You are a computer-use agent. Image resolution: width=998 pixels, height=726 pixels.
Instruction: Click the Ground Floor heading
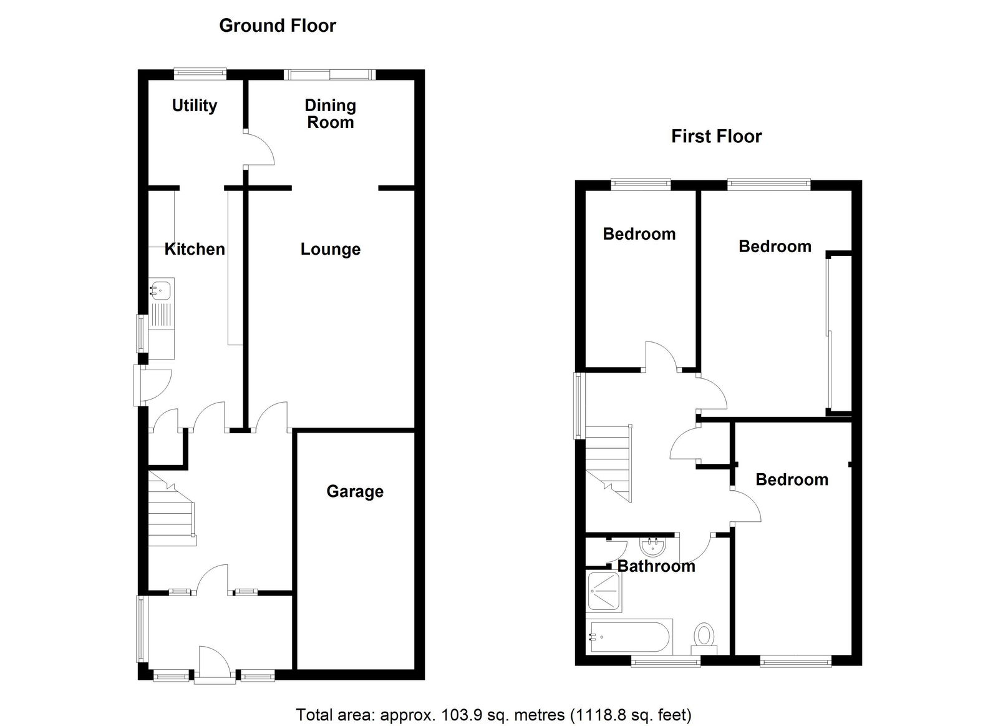(277, 26)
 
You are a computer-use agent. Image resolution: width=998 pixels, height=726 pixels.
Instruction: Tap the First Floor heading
(716, 136)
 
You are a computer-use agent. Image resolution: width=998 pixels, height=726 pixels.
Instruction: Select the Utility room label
(194, 105)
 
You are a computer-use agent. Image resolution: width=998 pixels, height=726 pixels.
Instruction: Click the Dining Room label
(330, 114)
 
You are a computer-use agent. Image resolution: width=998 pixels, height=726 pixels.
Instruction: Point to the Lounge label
(330, 249)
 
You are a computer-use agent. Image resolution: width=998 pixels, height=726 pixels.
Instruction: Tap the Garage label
(354, 491)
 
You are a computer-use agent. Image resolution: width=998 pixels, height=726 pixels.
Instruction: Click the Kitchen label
(194, 249)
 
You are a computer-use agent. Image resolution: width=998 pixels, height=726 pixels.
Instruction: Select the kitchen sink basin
(162, 290)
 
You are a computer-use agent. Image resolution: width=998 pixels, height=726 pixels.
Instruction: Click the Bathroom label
(656, 566)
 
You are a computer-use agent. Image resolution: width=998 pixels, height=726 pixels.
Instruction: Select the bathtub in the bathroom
(629, 637)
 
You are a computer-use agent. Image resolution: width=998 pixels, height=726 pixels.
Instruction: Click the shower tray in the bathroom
(604, 591)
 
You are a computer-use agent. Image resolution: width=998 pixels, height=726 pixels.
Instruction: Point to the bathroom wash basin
(653, 547)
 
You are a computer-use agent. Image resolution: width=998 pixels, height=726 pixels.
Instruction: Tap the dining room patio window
(330, 74)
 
